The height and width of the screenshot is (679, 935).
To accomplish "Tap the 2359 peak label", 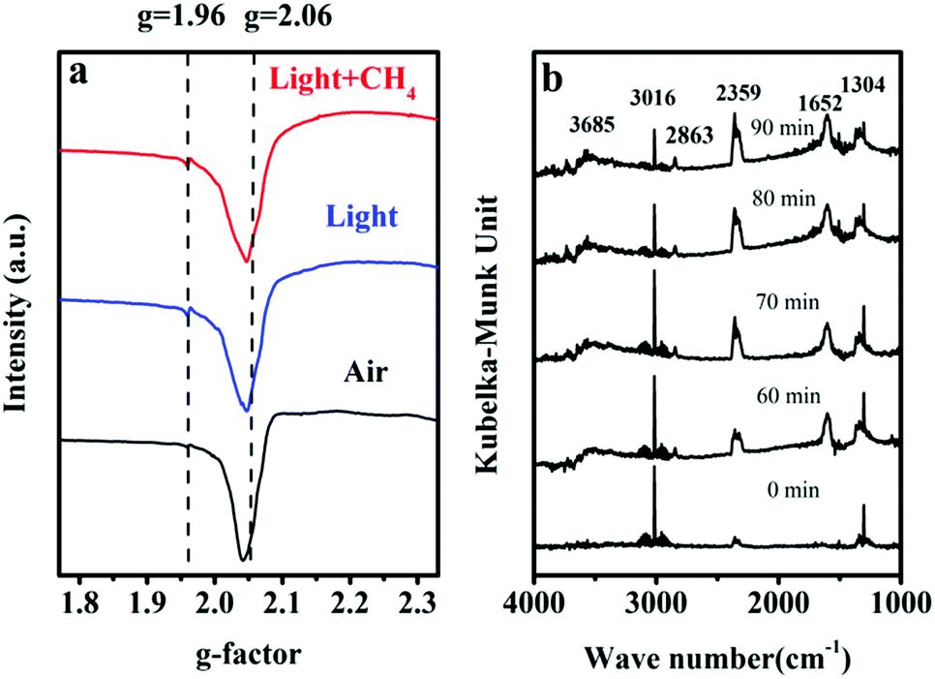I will (x=739, y=93).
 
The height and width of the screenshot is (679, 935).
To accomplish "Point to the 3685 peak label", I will (x=590, y=125).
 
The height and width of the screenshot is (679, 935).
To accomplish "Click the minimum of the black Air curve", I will (x=242, y=559).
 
